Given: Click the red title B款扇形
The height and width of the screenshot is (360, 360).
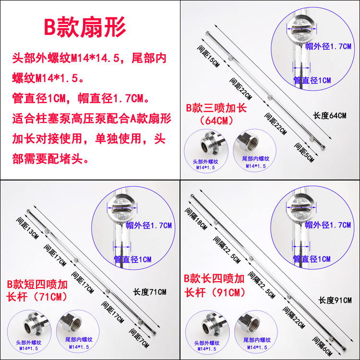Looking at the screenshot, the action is tap(85, 27).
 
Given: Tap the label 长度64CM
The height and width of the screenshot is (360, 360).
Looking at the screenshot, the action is tap(329, 116).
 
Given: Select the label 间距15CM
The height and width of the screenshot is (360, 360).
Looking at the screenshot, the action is tap(208, 56).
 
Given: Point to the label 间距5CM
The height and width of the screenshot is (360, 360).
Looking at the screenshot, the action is tap(304, 153).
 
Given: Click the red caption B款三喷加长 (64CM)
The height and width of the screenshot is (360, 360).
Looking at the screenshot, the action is tap(216, 114).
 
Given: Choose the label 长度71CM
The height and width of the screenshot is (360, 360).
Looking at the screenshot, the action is tap(149, 292).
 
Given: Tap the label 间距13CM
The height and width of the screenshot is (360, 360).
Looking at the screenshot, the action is tap(27, 228).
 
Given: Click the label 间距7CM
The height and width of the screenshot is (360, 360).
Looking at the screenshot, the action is tap(139, 338).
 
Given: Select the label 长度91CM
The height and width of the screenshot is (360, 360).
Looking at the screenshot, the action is tap(335, 300).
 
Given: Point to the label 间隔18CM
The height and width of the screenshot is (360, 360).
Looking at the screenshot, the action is tap(196, 218).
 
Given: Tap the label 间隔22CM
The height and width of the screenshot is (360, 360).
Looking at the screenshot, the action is tap(294, 318).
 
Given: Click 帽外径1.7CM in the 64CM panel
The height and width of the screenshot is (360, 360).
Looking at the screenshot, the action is tap(328, 47).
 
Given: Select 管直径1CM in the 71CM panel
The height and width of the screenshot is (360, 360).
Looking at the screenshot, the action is tap(132, 259).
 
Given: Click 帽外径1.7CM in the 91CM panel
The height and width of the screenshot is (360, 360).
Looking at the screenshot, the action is tap(328, 225).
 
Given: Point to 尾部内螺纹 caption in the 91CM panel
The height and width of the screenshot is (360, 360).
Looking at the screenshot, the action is tap(257, 340).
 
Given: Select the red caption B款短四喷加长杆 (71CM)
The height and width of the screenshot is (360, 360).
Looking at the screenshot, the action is tap(37, 290).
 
